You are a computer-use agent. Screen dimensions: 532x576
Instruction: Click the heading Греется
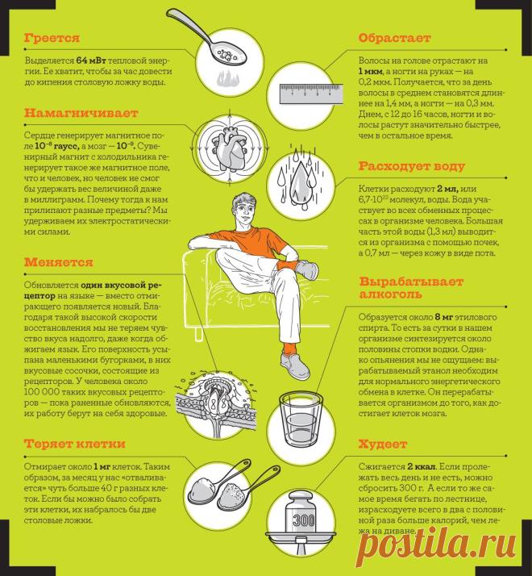click(x=52, y=38)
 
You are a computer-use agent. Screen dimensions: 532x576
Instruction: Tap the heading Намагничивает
click(x=81, y=113)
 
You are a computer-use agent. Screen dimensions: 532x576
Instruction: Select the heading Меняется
click(x=59, y=262)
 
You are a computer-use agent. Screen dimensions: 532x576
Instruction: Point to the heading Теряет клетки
click(x=75, y=444)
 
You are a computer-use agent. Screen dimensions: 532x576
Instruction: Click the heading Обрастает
click(x=394, y=38)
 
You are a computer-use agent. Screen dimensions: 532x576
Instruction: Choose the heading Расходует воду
click(x=412, y=166)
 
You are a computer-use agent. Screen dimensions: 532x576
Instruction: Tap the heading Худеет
click(x=383, y=445)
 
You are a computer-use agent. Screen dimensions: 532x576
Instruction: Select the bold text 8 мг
click(x=444, y=317)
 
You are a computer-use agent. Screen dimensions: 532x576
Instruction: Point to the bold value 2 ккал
click(x=421, y=467)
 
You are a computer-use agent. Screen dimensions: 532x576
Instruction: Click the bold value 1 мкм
click(x=371, y=71)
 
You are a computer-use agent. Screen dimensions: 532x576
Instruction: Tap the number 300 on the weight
click(x=304, y=520)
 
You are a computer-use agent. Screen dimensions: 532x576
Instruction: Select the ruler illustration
click(x=311, y=94)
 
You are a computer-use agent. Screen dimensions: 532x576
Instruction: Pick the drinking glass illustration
click(x=301, y=419)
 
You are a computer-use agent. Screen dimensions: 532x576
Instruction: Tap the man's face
click(x=244, y=212)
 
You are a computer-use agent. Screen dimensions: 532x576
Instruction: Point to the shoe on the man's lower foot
click(x=296, y=365)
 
